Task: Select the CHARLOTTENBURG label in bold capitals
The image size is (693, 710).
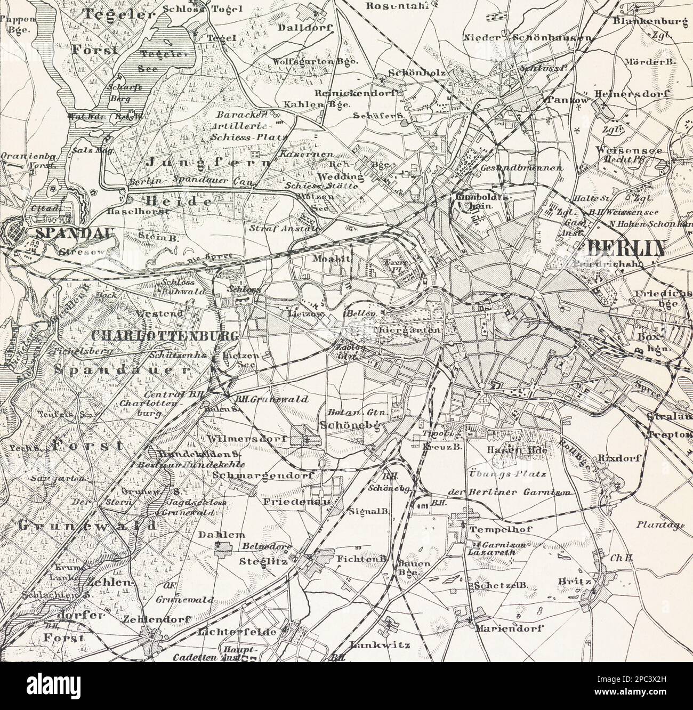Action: [x=164, y=335]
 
